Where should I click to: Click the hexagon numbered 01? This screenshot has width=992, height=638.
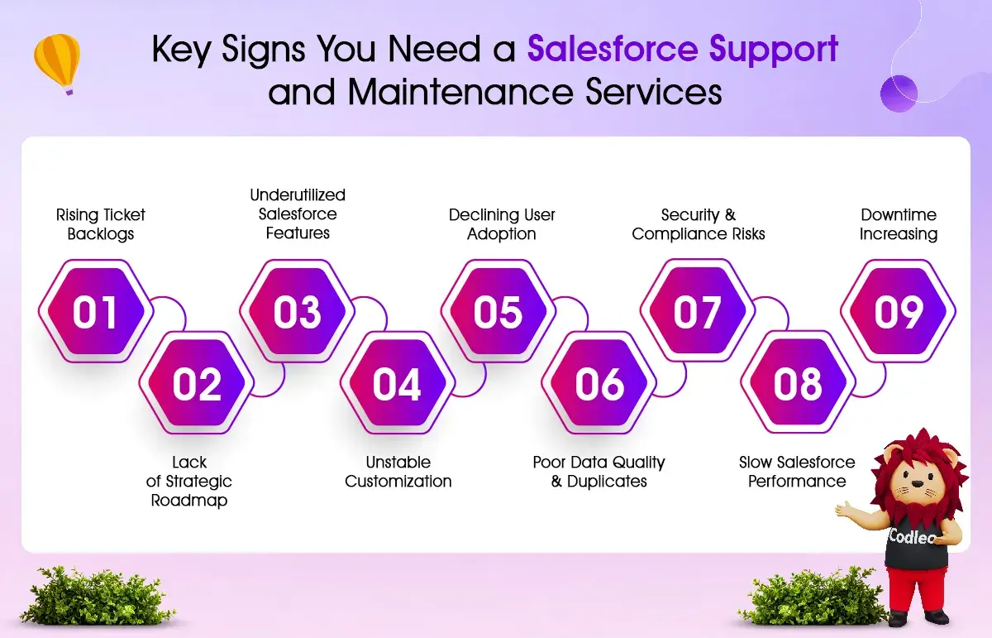click(x=96, y=311)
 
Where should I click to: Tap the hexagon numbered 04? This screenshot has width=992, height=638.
click(x=398, y=382)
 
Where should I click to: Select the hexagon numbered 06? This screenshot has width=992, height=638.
click(x=599, y=382)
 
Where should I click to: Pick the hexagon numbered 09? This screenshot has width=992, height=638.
click(x=898, y=311)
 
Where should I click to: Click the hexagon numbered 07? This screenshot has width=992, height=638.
click(x=698, y=311)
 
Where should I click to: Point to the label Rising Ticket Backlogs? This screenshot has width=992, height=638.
click(x=101, y=224)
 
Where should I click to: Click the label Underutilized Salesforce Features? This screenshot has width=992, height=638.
click(x=298, y=213)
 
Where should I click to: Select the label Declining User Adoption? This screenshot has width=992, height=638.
click(x=502, y=224)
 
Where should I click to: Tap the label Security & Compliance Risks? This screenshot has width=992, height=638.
click(x=699, y=224)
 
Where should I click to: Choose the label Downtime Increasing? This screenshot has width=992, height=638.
click(x=899, y=224)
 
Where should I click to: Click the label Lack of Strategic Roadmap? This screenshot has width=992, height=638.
click(x=189, y=481)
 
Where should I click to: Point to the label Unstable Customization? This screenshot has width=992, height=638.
click(x=398, y=472)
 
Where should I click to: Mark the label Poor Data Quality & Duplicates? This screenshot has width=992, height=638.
click(x=599, y=472)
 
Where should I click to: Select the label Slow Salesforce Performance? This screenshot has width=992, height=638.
click(x=797, y=472)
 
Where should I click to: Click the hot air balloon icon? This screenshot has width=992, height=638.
click(x=58, y=65)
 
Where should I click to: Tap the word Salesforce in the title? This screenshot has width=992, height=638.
click(x=613, y=49)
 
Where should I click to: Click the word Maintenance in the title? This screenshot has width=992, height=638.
click(x=460, y=92)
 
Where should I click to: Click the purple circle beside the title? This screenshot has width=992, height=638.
click(x=899, y=94)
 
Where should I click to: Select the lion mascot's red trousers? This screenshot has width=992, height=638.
click(x=915, y=589)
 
